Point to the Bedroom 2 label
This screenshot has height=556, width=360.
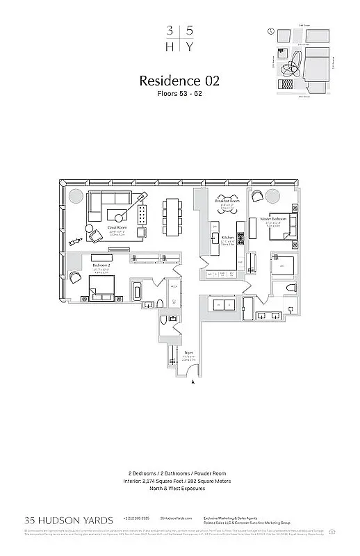102,265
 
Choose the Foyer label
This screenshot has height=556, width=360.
188,353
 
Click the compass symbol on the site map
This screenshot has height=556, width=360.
270,31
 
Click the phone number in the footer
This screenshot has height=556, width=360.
135,518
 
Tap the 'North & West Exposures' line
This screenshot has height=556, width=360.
179,489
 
